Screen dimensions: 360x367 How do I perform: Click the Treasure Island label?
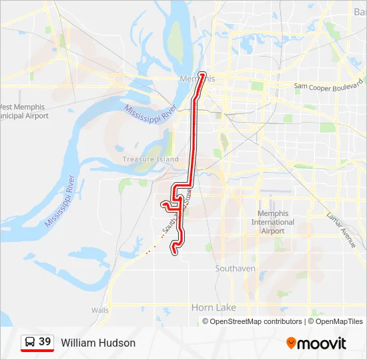click(151, 159)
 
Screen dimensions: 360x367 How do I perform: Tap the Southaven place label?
click(235, 268)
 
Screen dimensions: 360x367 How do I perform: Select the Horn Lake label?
click(214, 307)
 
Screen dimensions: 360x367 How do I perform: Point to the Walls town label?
click(100, 311)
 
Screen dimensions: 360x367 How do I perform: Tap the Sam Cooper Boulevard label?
click(328, 87)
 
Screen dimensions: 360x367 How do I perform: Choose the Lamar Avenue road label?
click(341, 231)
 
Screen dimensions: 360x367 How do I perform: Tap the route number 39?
click(45, 342)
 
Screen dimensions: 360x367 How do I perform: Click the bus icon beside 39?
click(30, 343)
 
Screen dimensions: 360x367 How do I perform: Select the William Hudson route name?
click(98, 343)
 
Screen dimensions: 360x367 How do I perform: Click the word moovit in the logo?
click(322, 343)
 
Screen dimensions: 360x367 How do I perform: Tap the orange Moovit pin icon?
click(291, 343)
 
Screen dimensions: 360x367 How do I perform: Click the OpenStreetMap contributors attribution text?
click(256, 321)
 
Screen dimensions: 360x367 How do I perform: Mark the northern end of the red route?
click(203, 75)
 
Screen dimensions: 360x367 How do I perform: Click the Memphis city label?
click(198, 79)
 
